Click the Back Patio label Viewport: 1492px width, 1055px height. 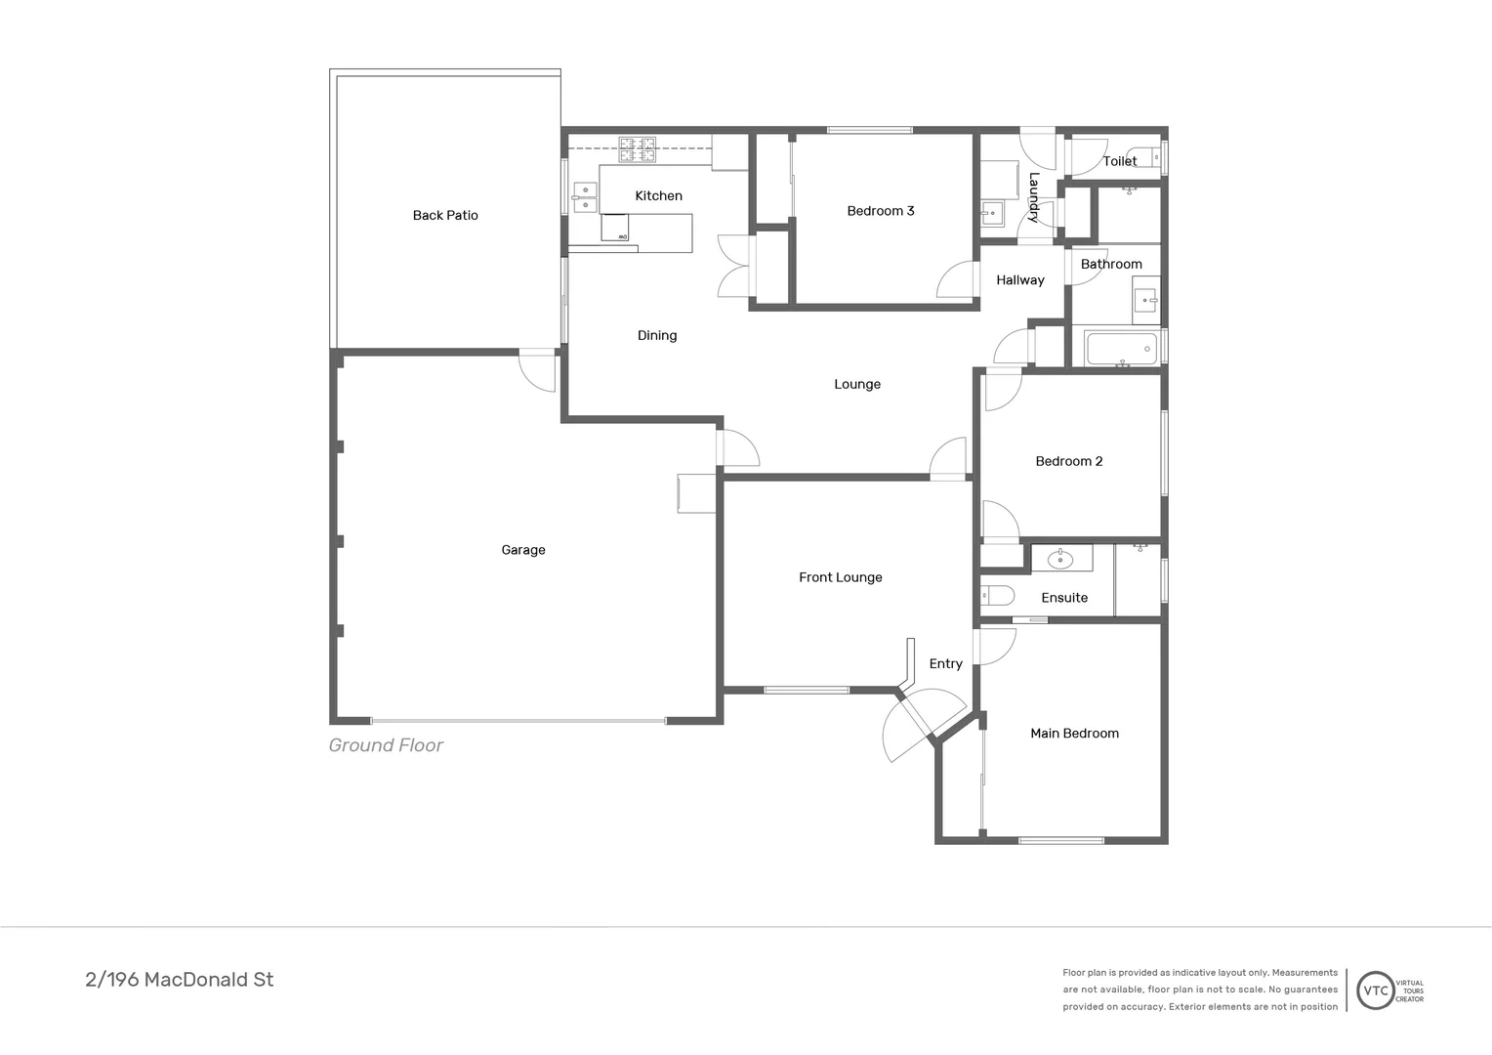(445, 216)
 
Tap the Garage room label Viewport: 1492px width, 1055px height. (523, 550)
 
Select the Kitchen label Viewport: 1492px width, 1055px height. (658, 196)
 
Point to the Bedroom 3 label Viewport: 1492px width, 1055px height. (880, 211)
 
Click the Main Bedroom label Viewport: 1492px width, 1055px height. (1074, 734)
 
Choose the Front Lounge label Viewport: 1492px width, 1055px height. (840, 577)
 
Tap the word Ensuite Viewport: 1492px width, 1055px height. (1063, 598)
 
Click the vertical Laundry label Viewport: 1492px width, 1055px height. (1033, 197)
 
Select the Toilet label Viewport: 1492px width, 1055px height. (1119, 161)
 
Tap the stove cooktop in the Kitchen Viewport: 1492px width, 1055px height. (637, 149)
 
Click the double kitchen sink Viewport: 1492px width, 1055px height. (584, 197)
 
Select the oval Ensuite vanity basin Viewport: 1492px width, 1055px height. (1061, 559)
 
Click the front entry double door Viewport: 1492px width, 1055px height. (923, 723)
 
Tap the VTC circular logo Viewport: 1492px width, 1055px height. (1375, 991)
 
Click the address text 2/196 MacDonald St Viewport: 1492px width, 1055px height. (180, 980)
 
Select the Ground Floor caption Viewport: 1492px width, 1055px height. (386, 745)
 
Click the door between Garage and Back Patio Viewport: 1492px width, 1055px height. (538, 369)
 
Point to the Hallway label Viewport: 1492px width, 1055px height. (1019, 280)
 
